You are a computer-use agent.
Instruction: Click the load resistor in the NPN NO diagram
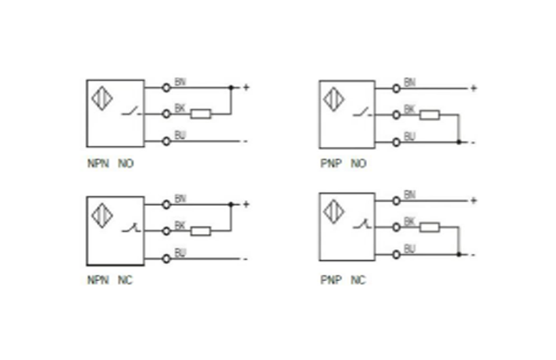pyautogui.click(x=201, y=114)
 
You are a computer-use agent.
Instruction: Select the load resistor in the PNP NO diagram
pyautogui.click(x=429, y=115)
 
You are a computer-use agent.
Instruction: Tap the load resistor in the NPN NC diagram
pyautogui.click(x=201, y=230)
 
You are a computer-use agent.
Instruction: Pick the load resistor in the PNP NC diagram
pyautogui.click(x=429, y=228)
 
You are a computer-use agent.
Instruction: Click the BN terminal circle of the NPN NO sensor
pyautogui.click(x=166, y=87)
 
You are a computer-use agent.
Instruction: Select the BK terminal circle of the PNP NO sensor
pyautogui.click(x=397, y=115)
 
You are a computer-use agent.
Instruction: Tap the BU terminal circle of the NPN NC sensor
pyautogui.click(x=166, y=258)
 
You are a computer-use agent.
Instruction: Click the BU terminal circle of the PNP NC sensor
pyautogui.click(x=397, y=255)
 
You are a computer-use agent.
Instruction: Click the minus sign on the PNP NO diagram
pyautogui.click(x=472, y=143)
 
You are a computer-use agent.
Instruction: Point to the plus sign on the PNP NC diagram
pyautogui.click(x=473, y=201)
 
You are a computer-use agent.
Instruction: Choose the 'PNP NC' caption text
pyautogui.click(x=342, y=280)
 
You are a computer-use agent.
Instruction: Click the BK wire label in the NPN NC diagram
pyautogui.click(x=180, y=225)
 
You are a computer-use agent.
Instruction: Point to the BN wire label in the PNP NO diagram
pyautogui.click(x=410, y=82)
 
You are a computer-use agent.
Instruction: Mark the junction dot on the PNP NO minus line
pyautogui.click(x=458, y=142)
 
